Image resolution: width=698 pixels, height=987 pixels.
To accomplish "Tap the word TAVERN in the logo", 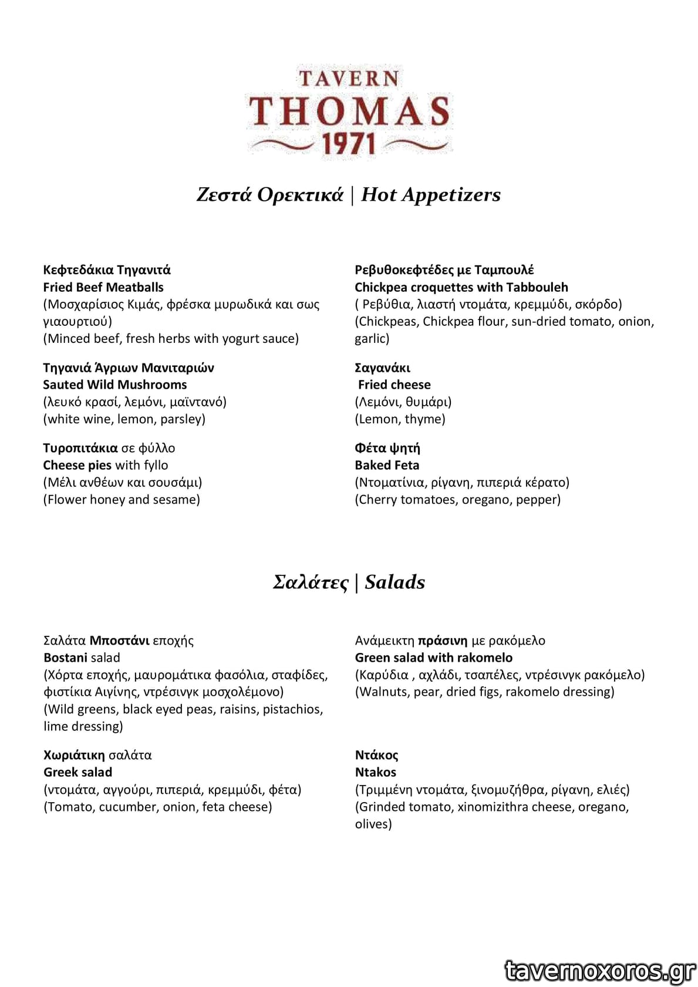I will coord(349,79).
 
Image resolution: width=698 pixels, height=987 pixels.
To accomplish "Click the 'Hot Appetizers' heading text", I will coord(430,195).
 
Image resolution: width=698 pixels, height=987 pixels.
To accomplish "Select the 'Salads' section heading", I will coord(394,582).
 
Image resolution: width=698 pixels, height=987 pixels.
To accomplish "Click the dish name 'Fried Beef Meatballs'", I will coord(103,287).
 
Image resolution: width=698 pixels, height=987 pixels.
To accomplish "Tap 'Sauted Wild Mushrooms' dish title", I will coord(115,385).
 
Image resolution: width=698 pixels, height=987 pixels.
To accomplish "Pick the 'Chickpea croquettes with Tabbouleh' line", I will coord(461,287).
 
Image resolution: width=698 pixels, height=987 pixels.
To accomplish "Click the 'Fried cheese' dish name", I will coord(394,385).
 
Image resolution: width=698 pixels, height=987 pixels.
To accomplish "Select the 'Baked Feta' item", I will coord(387,465).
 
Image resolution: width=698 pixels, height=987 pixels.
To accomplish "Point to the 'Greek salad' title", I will coord(77,772).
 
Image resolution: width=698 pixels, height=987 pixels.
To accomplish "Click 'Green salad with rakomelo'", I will coord(434,658).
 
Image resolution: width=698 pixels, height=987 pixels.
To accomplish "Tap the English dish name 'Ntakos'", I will coord(376,772).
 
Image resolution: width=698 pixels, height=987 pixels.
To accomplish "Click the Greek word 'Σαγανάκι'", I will coord(382,368).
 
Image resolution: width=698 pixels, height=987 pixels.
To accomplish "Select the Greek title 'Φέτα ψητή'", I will coord(387,448).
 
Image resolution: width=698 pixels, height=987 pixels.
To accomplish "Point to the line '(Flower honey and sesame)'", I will coord(122,500).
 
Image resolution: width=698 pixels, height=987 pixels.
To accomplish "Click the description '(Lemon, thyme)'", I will coord(400,419).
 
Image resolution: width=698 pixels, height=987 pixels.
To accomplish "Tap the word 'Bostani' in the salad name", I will coord(65,658).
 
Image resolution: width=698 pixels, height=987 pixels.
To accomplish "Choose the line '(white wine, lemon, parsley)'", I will coord(124,419).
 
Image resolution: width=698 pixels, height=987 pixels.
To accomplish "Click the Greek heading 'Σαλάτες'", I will coord(311,582).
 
